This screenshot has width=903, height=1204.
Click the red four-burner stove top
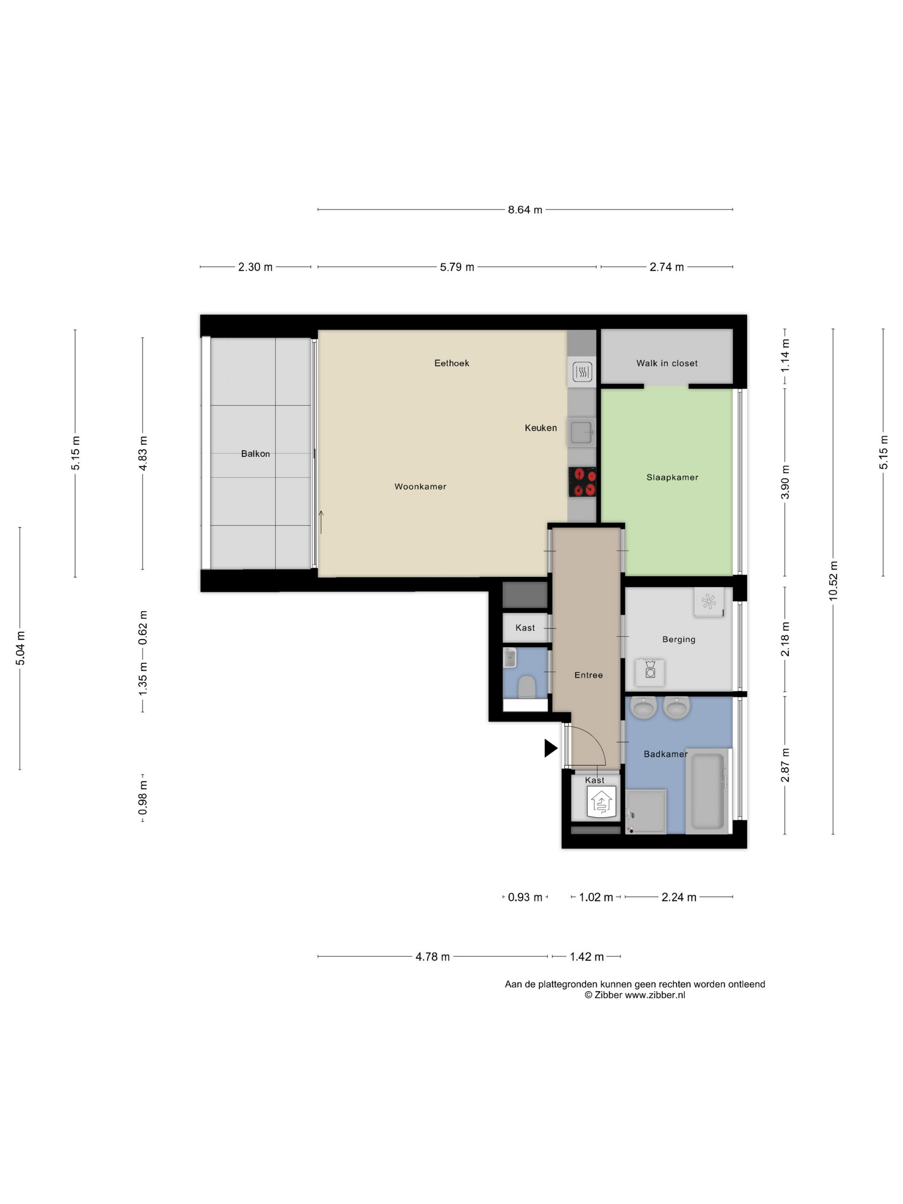pos(582,482)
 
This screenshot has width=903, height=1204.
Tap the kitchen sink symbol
pos(582,432)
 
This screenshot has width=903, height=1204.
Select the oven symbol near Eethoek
pos(582,372)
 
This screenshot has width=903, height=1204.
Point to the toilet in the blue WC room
pos(526,686)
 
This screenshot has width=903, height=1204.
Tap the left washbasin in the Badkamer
pos(643,708)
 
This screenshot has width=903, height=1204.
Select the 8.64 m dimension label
pos(525,209)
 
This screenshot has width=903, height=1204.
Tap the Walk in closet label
pos(667,363)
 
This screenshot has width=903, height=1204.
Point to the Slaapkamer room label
pos(672,477)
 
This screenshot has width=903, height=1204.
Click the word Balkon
pos(255,453)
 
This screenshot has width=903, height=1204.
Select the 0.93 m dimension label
pos(525,897)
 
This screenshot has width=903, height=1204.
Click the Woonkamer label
pos(420,487)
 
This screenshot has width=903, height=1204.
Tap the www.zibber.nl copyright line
pos(635,995)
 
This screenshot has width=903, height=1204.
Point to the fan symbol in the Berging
pos(709,602)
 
